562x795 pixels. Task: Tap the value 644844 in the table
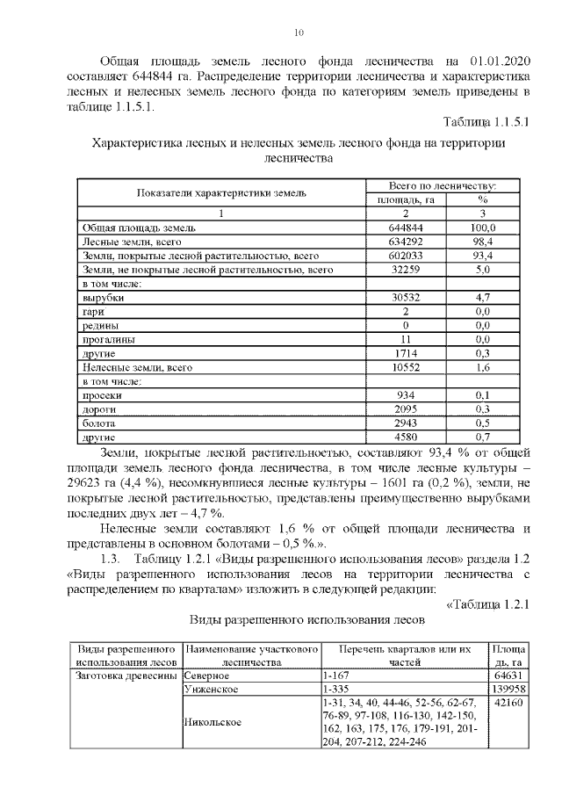[x=406, y=228]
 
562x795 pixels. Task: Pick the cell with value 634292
[x=406, y=241]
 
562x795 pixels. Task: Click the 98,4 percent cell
[x=482, y=241]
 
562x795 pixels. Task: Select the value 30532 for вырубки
[x=406, y=298]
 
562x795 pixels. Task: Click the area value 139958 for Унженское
[x=508, y=690]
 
